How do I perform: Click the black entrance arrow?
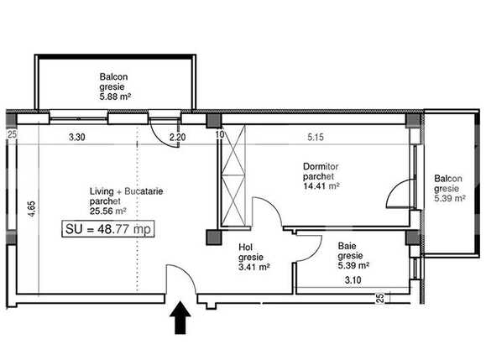(180, 317)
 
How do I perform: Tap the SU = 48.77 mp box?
(108, 229)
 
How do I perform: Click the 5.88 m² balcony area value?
(115, 97)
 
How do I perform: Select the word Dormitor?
(321, 167)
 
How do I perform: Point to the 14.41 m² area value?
(321, 186)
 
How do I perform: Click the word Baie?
(348, 246)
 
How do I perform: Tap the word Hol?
(245, 248)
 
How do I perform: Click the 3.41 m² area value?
(254, 267)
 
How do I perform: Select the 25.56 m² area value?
(108, 211)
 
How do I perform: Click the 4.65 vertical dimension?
(31, 209)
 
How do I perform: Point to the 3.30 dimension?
(76, 137)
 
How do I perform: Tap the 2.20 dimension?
(178, 137)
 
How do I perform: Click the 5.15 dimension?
(316, 137)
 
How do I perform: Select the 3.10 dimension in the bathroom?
(353, 280)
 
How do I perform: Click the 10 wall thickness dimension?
(219, 134)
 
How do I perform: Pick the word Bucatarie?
(144, 191)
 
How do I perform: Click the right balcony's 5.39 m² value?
(450, 198)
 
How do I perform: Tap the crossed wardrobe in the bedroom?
(233, 175)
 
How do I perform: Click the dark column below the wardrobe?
(214, 237)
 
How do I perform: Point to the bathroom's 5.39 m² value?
(353, 265)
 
